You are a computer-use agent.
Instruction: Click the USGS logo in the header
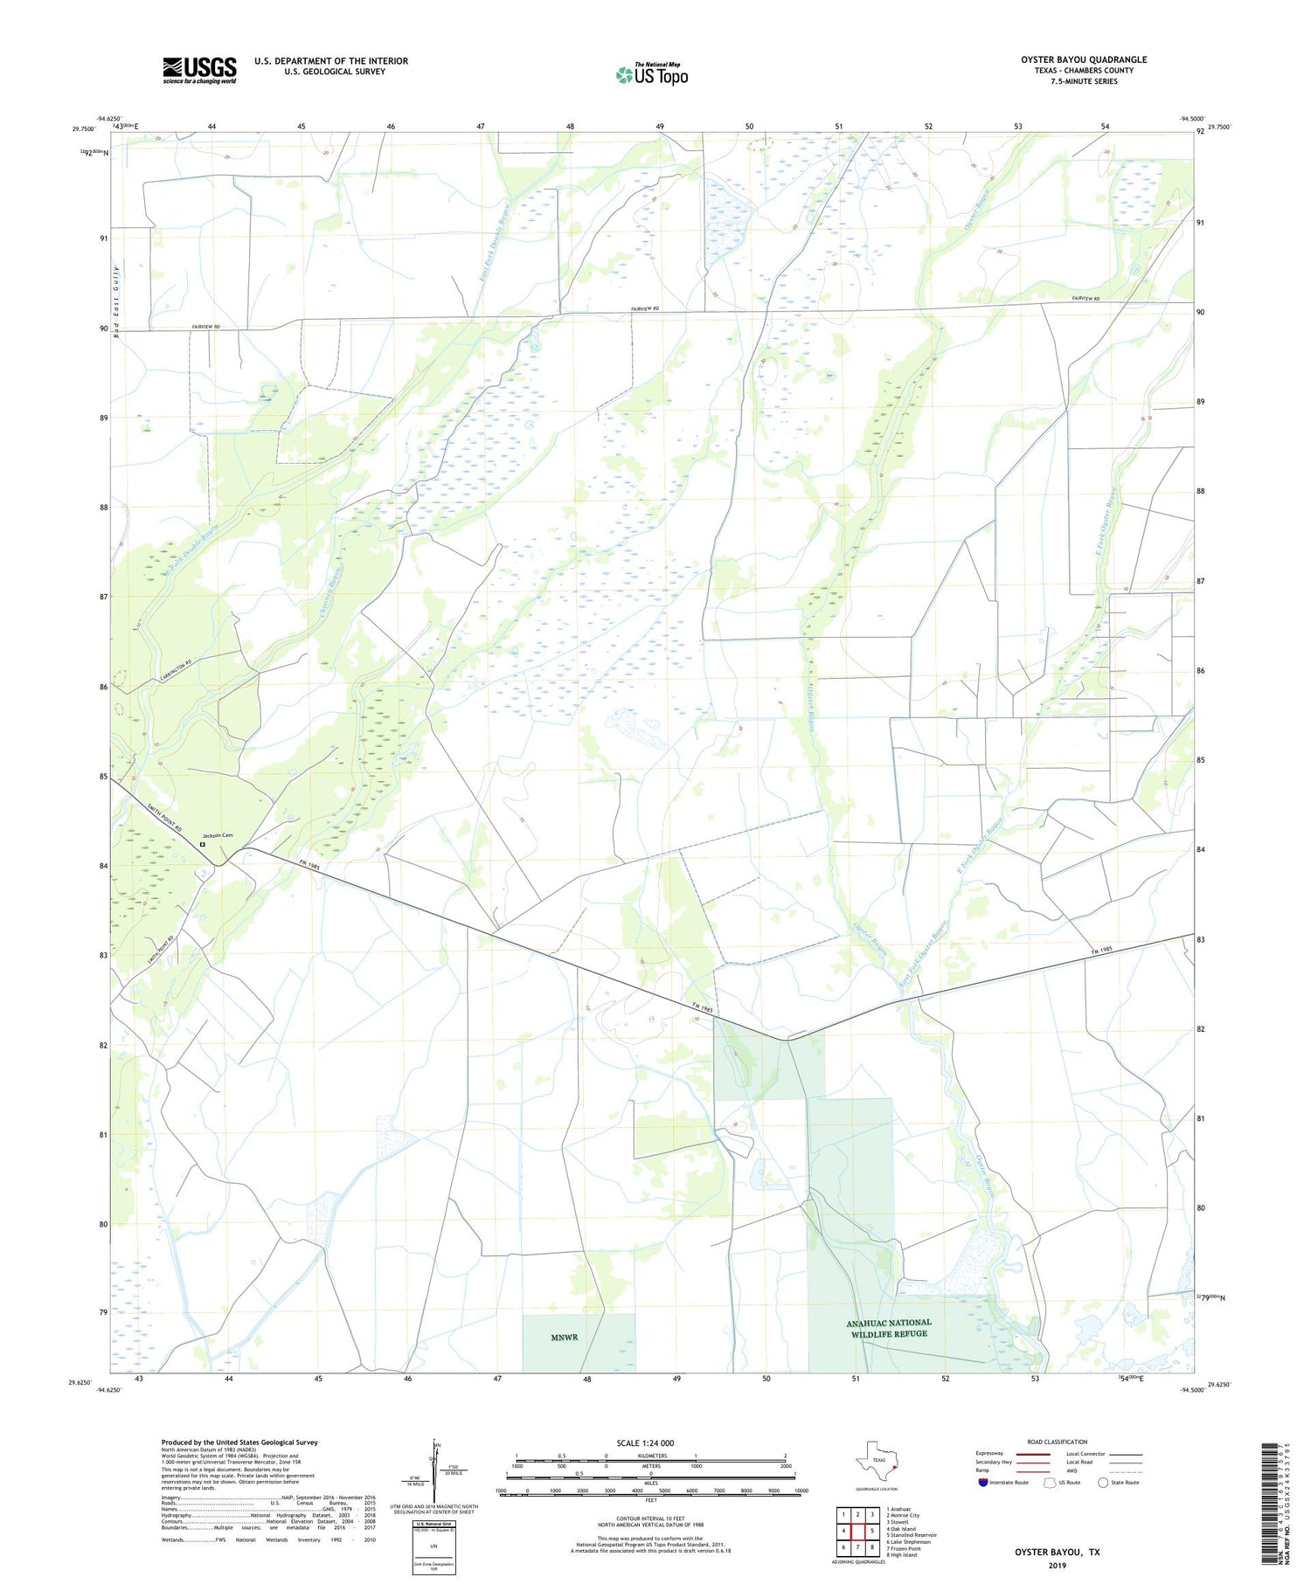point(199,70)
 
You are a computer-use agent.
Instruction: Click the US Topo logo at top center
point(651,74)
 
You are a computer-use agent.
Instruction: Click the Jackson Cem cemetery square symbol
point(202,845)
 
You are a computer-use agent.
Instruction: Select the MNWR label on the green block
point(565,1338)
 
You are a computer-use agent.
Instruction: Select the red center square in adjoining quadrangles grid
point(857,1531)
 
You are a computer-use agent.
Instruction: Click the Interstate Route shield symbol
point(982,1483)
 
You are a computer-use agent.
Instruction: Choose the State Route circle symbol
point(1103,1483)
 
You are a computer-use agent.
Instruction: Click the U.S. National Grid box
point(434,1548)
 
